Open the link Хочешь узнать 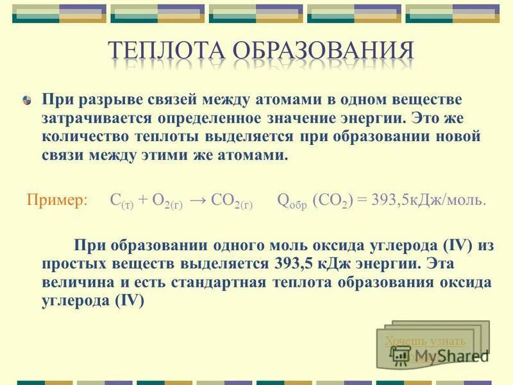425,341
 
